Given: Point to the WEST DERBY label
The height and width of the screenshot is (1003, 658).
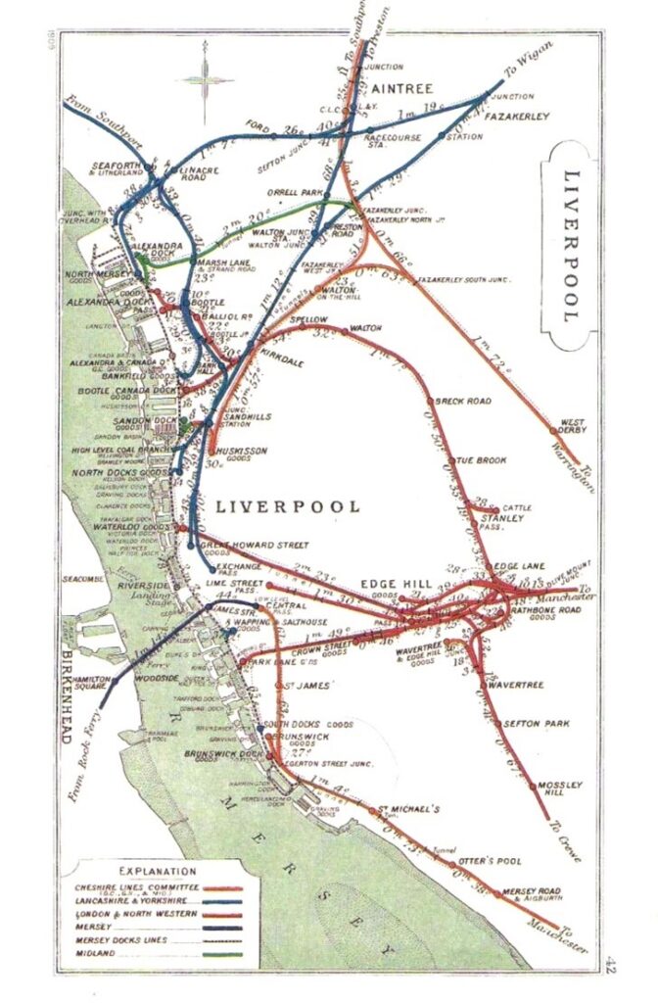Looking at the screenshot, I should (x=572, y=428).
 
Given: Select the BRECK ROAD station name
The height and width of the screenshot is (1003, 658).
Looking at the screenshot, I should (x=463, y=401).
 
